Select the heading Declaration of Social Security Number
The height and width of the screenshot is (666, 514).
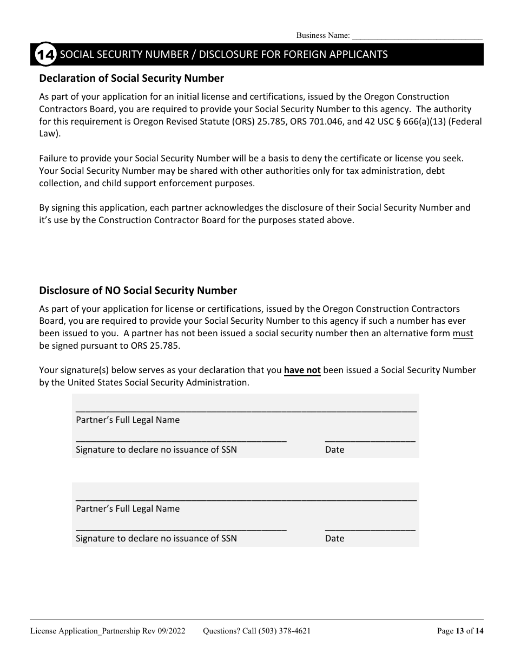coord(131,79)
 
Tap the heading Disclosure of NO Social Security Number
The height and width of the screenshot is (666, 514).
coord(138,291)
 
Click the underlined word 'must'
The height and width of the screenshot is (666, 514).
coord(463,334)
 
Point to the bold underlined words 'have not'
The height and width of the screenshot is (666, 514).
coord(302,370)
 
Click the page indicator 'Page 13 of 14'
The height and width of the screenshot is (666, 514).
coord(460,631)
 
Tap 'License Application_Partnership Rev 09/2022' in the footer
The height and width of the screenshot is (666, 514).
coord(108,631)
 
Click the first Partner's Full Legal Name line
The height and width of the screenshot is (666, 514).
coord(246,410)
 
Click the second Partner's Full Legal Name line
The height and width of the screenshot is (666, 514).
coord(246,499)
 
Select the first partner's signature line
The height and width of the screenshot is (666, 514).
coord(181,440)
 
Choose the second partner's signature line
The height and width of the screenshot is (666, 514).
coord(181,528)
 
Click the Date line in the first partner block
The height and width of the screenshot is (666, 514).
coord(370,440)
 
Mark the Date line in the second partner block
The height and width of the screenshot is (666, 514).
coord(370,528)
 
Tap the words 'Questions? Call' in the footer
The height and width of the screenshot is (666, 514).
coord(225,631)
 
